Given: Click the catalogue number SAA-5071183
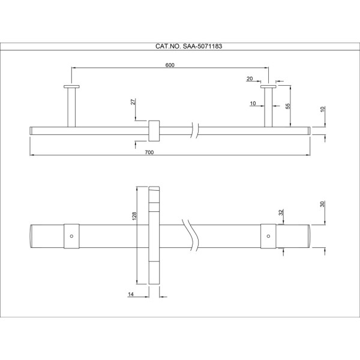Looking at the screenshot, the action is (202, 46).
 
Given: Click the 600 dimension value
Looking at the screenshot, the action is (170, 65).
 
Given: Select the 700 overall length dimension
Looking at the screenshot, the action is (149, 152).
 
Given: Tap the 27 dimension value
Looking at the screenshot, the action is (133, 101).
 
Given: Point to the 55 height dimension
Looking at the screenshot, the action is (287, 106).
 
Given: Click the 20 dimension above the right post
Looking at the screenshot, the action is (250, 79).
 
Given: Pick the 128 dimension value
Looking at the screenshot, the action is (134, 216).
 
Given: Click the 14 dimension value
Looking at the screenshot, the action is (131, 294).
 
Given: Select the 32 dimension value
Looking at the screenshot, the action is (281, 212).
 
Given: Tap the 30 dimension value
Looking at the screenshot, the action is (322, 204).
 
